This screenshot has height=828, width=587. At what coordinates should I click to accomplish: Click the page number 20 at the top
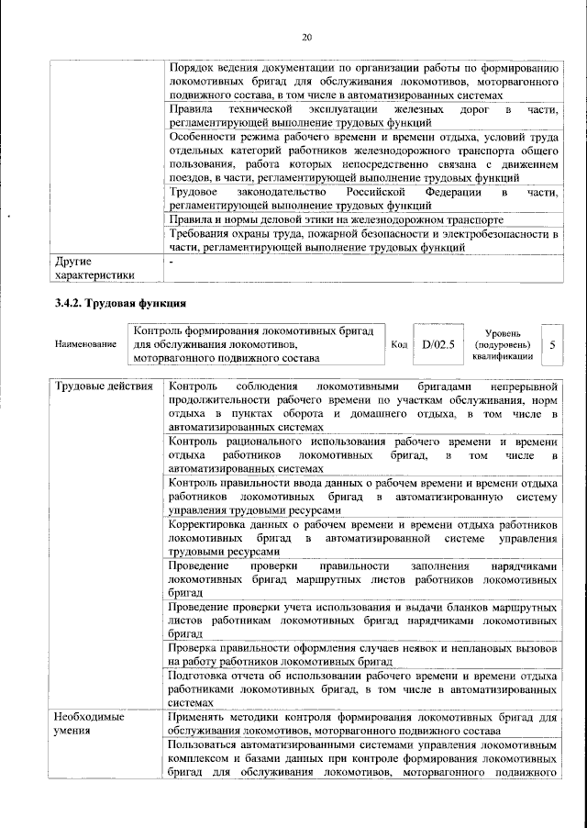point(306,37)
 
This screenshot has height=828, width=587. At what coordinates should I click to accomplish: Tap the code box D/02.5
point(432,344)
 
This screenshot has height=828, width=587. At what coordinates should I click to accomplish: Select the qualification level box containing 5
point(551,344)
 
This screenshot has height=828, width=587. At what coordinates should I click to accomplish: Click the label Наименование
point(85,344)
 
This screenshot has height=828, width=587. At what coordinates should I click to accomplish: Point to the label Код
point(399,344)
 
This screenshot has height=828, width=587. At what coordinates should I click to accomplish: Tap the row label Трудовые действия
point(103,386)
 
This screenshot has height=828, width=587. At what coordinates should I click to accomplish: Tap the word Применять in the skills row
point(202,717)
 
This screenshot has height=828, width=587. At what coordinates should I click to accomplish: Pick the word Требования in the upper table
point(204,234)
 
